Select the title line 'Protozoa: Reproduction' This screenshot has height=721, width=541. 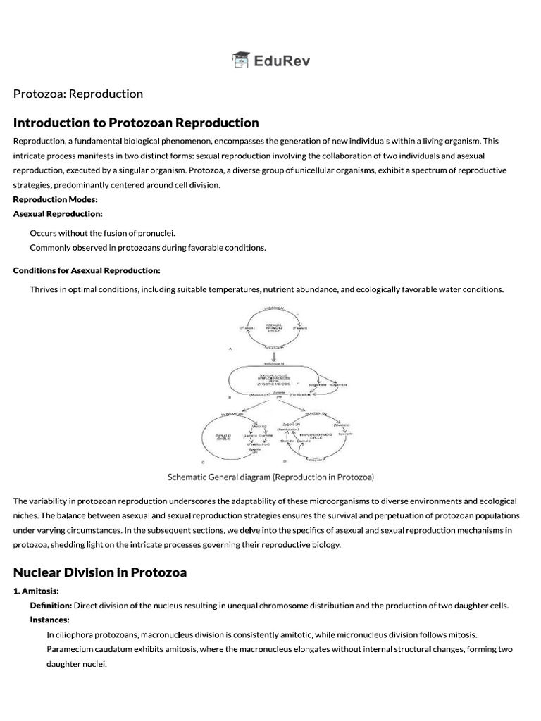coord(77,94)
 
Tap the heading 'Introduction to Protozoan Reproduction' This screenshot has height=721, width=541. coord(136,123)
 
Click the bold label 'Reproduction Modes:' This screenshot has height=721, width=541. coord(50,199)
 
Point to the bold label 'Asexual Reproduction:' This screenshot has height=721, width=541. coord(58,213)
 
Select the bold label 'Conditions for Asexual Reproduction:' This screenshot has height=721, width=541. coord(87,270)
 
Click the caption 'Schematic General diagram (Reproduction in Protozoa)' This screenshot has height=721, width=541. coord(270,477)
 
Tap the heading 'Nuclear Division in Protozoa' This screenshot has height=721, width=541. coord(100,572)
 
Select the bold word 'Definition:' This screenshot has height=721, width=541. coord(51,606)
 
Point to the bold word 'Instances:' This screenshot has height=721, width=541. coord(49,620)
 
